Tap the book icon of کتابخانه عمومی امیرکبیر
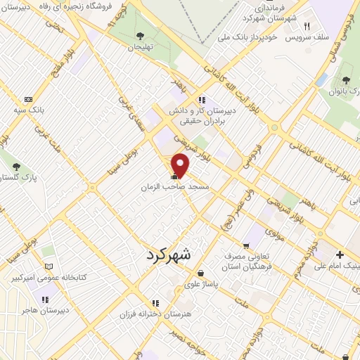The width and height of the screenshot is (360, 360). click(x=48, y=266)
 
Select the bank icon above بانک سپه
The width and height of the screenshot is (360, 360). click(x=28, y=99)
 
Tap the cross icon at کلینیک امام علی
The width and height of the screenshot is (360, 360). click(x=340, y=255)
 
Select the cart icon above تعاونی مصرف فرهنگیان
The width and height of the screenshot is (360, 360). click(x=245, y=246)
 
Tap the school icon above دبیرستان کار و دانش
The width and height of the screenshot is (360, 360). click(x=202, y=99)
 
